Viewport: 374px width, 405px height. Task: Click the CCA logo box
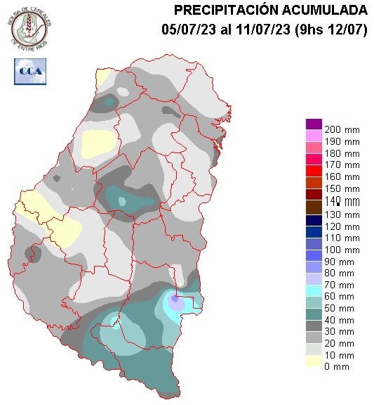pos(28,71)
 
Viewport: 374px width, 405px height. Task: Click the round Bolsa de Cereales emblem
pos(29,28)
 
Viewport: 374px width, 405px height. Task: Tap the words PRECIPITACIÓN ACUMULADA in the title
pos(270,10)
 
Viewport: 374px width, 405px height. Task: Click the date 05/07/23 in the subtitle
pos(185,29)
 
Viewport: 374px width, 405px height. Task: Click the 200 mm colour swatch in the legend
pos(314,125)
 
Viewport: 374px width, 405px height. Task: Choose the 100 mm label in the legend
pos(342,250)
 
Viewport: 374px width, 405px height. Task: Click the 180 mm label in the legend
pos(342,153)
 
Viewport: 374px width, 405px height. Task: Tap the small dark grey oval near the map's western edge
pos(29,252)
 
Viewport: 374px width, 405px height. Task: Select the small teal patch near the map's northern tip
pos(109,102)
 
